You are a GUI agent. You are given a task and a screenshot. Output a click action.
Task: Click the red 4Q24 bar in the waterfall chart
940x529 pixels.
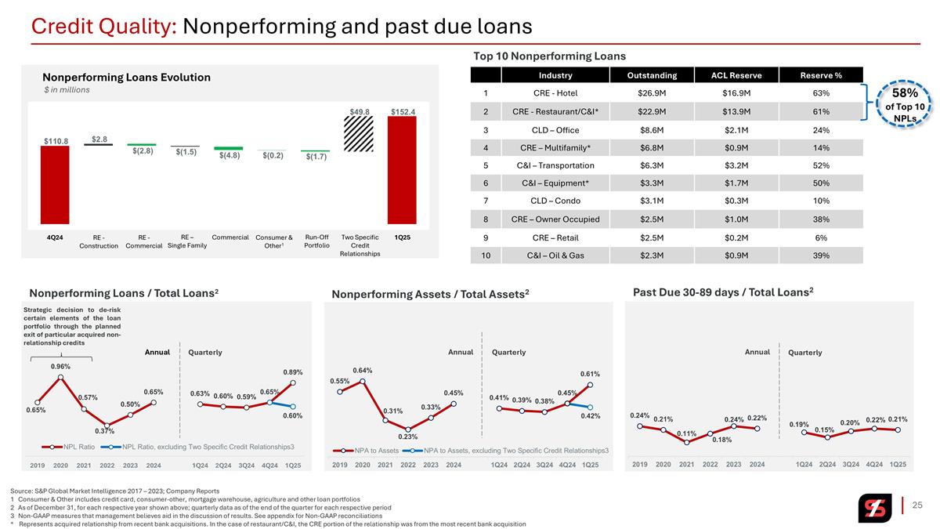[x=55, y=185]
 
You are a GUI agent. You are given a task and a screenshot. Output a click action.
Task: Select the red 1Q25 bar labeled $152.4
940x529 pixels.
[x=402, y=170]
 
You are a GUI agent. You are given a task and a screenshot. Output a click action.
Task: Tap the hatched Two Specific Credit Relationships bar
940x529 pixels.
[x=359, y=134]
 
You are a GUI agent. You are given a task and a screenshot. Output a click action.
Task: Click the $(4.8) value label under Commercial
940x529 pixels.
[x=230, y=155]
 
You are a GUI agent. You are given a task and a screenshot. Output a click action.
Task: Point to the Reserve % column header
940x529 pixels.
[x=821, y=75]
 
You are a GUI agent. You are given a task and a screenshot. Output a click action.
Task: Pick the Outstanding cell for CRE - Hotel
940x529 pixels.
[x=652, y=93]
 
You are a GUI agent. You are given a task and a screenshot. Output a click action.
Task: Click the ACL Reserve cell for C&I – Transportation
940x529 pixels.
[x=736, y=165]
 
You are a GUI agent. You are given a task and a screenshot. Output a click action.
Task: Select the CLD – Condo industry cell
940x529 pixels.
[x=555, y=201]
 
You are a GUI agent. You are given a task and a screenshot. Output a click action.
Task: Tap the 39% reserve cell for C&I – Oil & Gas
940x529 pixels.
[x=821, y=255]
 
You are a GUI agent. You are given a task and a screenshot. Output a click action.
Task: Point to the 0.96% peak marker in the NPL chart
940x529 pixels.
[x=61, y=378]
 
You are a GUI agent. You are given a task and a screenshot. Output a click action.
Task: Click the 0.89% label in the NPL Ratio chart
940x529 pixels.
[x=292, y=372]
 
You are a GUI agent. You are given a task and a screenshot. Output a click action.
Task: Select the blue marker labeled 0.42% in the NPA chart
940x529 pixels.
[x=590, y=408]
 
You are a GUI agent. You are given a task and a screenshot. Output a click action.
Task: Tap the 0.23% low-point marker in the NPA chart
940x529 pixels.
[x=408, y=429]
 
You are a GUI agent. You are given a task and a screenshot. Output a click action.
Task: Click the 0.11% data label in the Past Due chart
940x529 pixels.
[x=686, y=433]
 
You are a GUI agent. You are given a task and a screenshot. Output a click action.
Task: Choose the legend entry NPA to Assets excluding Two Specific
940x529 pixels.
[x=505, y=451]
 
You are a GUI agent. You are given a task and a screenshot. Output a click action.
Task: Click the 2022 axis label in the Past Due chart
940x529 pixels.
[x=710, y=464]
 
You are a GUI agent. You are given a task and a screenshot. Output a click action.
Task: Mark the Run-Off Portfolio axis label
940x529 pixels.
[x=316, y=241]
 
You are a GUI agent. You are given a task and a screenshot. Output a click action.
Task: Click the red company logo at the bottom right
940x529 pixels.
[x=874, y=508]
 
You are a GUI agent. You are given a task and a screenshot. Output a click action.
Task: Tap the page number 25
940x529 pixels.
[x=917, y=505]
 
